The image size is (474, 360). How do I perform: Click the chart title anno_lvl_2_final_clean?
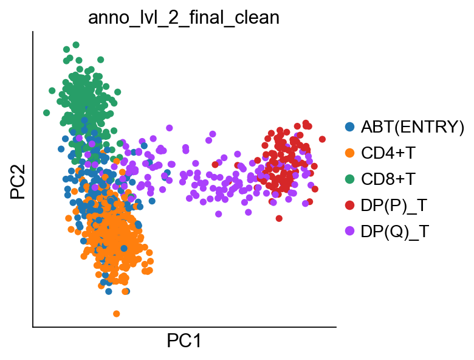(x=184, y=18)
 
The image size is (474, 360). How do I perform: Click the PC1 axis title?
(x=184, y=341)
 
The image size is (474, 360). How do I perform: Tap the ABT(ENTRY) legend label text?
(x=413, y=126)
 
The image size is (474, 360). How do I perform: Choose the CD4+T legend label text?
(x=388, y=153)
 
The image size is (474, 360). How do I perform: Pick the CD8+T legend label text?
(x=388, y=179)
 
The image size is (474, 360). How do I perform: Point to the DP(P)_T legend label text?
(x=394, y=206)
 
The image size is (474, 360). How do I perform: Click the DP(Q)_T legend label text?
(x=395, y=232)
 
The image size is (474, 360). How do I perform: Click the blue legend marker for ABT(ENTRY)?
(x=350, y=126)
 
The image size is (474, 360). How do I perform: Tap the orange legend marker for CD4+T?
(x=350, y=153)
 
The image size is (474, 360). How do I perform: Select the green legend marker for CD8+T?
(x=350, y=179)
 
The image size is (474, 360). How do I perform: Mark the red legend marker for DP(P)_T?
(x=350, y=206)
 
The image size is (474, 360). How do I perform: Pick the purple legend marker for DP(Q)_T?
(x=350, y=232)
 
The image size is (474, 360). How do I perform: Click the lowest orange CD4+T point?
(x=117, y=314)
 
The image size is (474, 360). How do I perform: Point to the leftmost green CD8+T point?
(x=46, y=113)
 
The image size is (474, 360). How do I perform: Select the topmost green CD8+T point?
(x=76, y=45)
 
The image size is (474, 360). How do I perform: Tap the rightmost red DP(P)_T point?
(x=322, y=139)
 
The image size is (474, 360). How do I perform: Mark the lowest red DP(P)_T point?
(x=279, y=218)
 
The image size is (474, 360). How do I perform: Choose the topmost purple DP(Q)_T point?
(x=170, y=128)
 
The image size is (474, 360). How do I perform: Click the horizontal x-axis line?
(x=184, y=327)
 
